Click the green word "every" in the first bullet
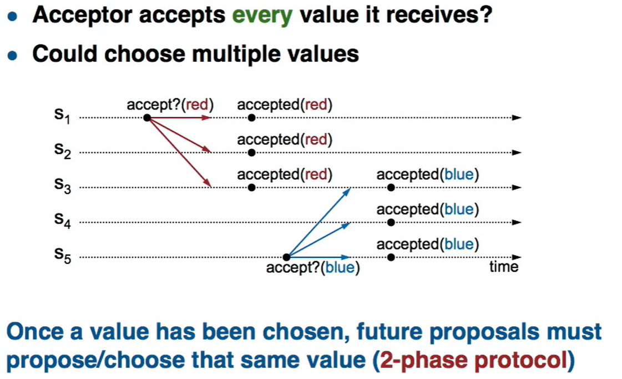point(262,16)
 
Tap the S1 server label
point(62,116)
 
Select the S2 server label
point(63,151)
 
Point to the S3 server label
point(63,186)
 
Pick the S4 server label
point(63,221)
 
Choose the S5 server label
point(63,256)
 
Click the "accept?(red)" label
point(170,105)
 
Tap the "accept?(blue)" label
point(313,268)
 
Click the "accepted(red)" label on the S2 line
point(285,140)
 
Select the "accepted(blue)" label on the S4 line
point(428,210)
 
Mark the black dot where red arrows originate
point(147,118)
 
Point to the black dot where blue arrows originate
point(286,257)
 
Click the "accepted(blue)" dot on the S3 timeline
point(391,187)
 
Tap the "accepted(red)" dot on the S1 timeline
point(251,118)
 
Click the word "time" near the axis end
point(504,267)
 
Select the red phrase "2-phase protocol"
point(473,360)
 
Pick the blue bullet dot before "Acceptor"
point(12,16)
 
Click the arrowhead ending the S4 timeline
point(517,222)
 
